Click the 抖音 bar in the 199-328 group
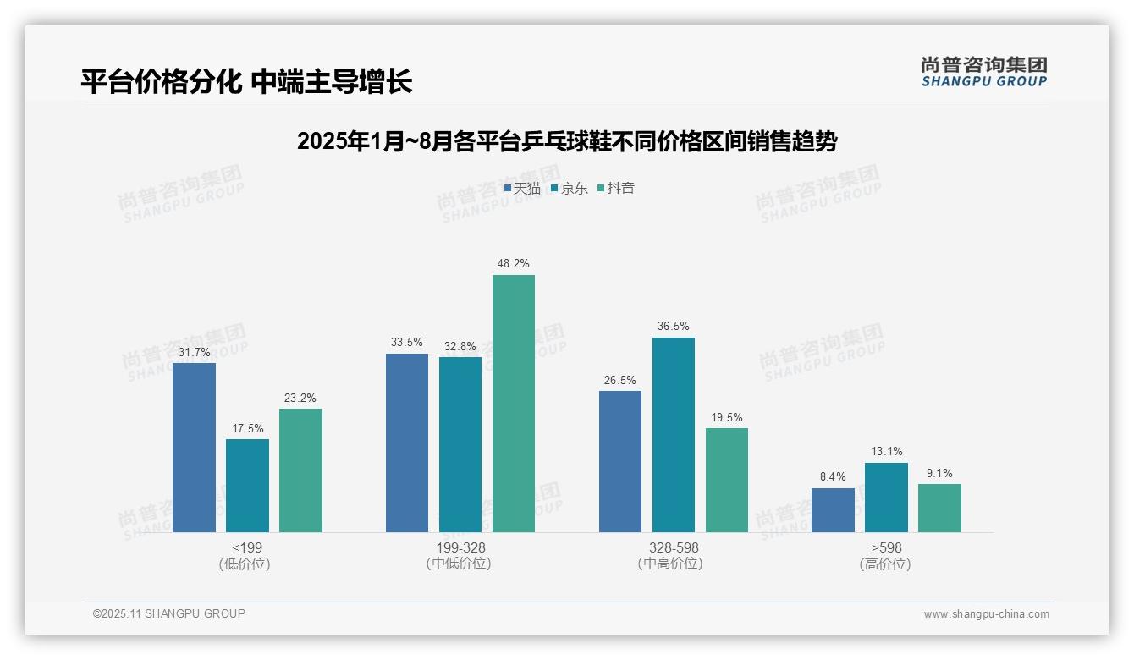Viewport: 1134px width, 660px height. [514, 404]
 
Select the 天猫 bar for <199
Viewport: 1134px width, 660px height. [194, 448]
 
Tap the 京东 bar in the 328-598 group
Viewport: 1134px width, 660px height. [674, 435]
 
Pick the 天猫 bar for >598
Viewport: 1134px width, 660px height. [833, 510]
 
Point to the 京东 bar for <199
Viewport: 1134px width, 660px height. [247, 486]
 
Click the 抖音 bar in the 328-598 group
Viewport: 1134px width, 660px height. [727, 480]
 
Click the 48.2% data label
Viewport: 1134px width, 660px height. [514, 264]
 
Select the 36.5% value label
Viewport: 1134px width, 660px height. [674, 327]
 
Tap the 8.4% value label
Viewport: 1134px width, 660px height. [833, 477]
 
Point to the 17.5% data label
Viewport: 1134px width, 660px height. [247, 428]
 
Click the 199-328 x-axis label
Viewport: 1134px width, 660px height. [460, 548]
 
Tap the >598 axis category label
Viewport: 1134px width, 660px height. [886, 548]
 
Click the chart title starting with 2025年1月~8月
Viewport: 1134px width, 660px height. [567, 141]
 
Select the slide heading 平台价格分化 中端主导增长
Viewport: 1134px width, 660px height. [246, 82]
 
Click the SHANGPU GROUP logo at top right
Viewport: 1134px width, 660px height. [983, 72]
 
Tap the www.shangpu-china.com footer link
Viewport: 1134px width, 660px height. [986, 614]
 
